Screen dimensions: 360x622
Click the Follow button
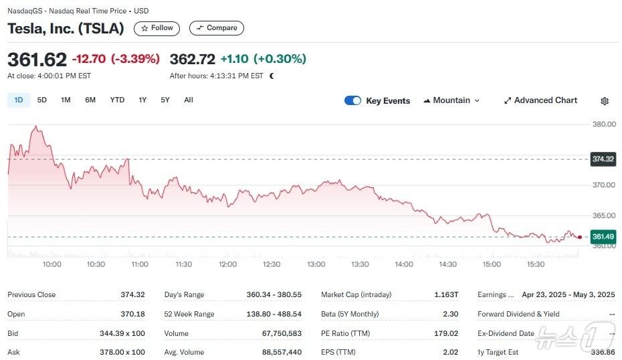[157, 28]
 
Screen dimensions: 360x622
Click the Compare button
[217, 28]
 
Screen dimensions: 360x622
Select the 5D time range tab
[42, 100]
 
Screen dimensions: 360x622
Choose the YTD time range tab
[117, 100]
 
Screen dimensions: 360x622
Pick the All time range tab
[189, 100]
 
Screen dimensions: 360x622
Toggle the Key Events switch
[352, 100]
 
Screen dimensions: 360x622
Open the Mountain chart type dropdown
[451, 100]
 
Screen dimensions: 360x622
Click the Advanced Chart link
[540, 100]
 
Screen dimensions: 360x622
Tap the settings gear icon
[605, 101]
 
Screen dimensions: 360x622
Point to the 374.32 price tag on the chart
[603, 159]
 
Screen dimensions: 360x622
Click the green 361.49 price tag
[603, 237]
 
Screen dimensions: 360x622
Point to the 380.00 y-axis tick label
[604, 124]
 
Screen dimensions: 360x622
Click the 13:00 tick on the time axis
[316, 264]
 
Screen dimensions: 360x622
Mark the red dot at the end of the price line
[579, 237]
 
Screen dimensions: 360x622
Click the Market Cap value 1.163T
[446, 295]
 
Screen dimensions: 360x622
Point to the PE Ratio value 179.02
[446, 333]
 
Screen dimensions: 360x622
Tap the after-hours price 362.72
[193, 59]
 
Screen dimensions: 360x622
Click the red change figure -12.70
[88, 59]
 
